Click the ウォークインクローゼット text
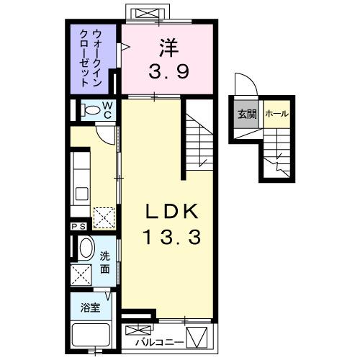(x=94, y=58)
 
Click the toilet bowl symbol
(x=90, y=109)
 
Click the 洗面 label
(x=105, y=261)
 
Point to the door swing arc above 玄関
(x=243, y=86)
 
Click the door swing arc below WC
(x=106, y=132)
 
